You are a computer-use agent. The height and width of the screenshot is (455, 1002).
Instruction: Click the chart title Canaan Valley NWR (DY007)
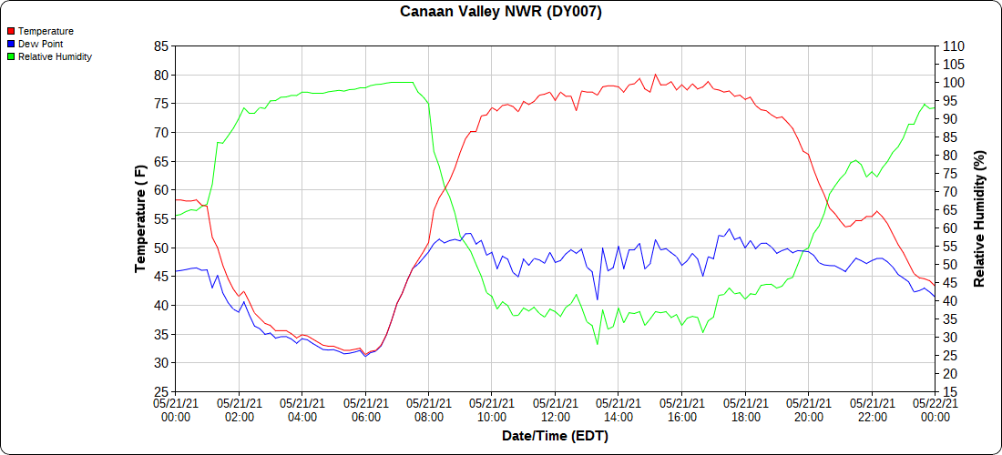point(501,12)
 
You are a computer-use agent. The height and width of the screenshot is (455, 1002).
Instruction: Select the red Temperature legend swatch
point(11,31)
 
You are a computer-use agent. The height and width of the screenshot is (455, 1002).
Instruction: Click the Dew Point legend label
point(40,44)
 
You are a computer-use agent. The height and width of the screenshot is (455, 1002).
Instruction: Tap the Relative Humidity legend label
point(55,56)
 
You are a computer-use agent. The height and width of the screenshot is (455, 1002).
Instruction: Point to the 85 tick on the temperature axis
point(161,46)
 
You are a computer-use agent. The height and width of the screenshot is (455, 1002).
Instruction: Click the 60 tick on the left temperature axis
point(161,190)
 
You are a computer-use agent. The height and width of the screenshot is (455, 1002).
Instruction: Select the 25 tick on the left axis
point(161,392)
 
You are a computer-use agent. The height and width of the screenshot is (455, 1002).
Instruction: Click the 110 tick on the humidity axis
point(953,46)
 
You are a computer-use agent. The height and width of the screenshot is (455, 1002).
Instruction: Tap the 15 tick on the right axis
point(949,392)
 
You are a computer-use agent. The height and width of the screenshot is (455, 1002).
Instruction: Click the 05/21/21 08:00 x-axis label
point(428,409)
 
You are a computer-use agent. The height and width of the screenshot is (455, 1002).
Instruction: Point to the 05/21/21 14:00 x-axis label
point(619,409)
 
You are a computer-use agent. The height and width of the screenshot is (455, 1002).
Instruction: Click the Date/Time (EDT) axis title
point(555,436)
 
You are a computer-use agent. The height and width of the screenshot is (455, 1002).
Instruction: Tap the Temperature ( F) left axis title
point(140,218)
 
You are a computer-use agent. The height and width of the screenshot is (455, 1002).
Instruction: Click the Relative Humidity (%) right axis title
point(980,218)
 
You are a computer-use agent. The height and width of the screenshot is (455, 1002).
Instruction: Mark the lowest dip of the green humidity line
point(598,344)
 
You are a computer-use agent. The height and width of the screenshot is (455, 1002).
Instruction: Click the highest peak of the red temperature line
point(655,75)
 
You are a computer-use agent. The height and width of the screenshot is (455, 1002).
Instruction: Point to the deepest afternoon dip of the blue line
point(598,299)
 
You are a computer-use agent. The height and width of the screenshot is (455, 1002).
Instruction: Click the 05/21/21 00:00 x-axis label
point(176,409)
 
